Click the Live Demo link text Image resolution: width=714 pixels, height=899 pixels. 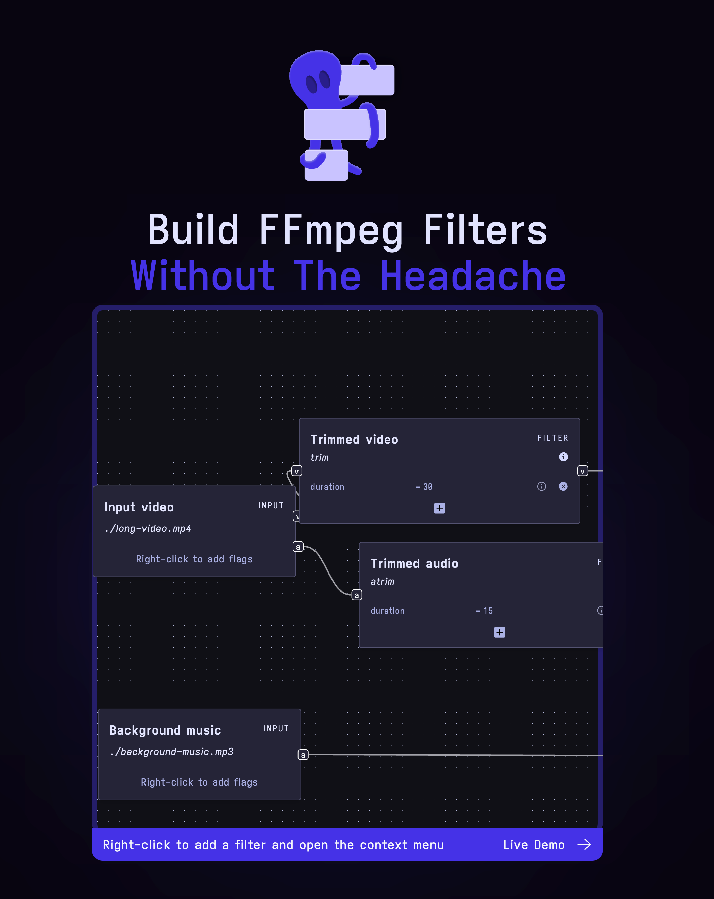point(534,845)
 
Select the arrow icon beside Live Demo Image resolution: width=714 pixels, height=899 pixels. point(584,845)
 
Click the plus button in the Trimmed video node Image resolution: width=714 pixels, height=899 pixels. point(439,508)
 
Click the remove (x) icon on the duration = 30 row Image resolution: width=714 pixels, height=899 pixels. point(563,487)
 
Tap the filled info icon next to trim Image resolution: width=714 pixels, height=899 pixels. point(563,457)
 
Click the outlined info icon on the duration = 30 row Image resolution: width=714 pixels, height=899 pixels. point(541,487)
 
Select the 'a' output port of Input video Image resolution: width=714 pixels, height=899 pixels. point(298,547)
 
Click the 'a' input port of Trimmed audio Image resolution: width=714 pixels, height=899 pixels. point(356,595)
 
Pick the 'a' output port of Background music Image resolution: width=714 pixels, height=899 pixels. point(303,755)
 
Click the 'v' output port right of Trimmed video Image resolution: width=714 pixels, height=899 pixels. point(582,471)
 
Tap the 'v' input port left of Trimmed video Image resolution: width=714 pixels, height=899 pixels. point(297,471)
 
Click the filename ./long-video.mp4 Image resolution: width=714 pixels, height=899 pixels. point(148,529)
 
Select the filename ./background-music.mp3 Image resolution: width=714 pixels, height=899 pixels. point(171,752)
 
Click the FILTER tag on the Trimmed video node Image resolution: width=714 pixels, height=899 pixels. point(552,438)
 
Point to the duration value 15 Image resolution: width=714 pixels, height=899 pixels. point(488,611)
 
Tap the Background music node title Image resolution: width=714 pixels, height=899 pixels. point(165,730)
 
